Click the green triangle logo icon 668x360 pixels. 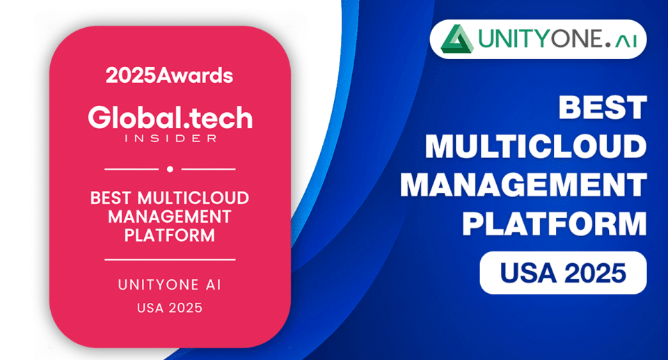coord(456,39)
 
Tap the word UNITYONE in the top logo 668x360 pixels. coord(540,39)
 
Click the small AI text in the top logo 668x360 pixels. coord(626,41)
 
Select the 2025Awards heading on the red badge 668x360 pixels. coord(170,75)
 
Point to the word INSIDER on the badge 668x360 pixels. coord(170,138)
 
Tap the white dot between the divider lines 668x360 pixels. coord(170,169)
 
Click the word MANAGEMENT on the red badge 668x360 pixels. coord(170,217)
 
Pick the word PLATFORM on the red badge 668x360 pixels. coord(170,235)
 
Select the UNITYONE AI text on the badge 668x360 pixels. coord(170,285)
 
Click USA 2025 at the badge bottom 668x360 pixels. coord(170,308)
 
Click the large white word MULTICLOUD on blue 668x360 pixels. coord(536,146)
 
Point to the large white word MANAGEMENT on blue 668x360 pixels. coord(523,185)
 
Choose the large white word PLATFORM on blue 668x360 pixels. coord(555,224)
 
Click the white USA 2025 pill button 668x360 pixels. coord(563,273)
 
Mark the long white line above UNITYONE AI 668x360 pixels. coord(170,259)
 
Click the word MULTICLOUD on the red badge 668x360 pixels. coord(193,198)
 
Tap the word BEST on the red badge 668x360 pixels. coord(111,198)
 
